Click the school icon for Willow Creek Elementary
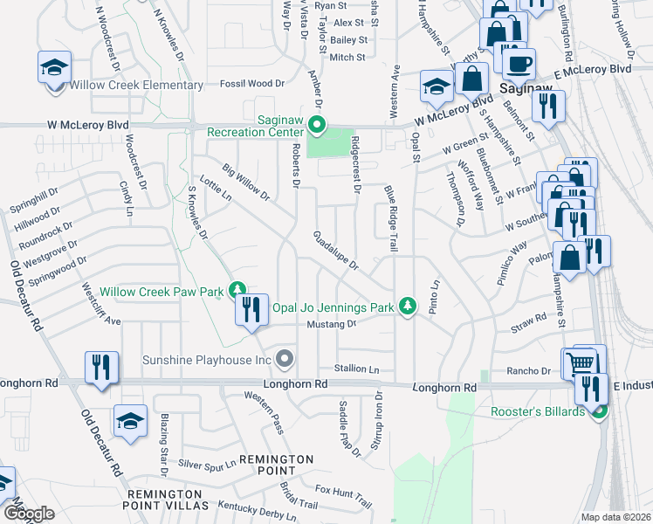tap(53, 68)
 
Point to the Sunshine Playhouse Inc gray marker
tap(284, 358)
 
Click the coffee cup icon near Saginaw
tap(521, 64)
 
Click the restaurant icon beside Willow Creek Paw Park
tap(251, 310)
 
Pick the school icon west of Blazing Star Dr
tap(130, 422)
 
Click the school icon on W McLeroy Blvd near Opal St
tap(436, 86)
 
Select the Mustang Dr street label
tap(333, 324)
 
